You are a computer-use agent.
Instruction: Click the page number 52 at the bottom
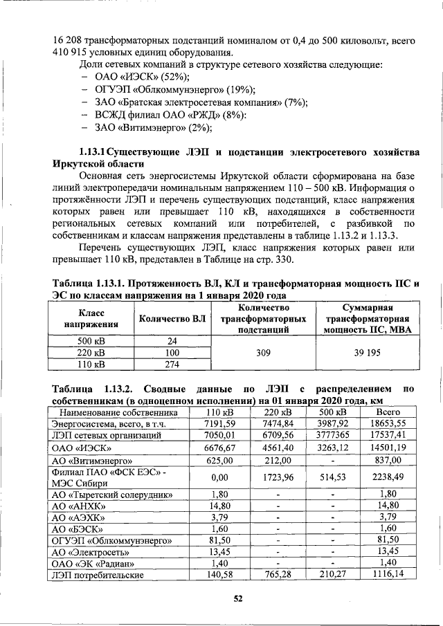tap(237, 599)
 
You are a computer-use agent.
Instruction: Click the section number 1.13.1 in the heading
tap(92, 151)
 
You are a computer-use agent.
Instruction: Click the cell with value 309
tap(263, 352)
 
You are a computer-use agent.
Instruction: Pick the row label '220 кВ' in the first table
tap(91, 353)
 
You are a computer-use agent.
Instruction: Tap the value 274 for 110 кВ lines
tap(173, 365)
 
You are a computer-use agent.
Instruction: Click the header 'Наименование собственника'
tap(118, 413)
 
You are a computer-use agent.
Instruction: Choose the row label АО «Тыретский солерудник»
tap(111, 494)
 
